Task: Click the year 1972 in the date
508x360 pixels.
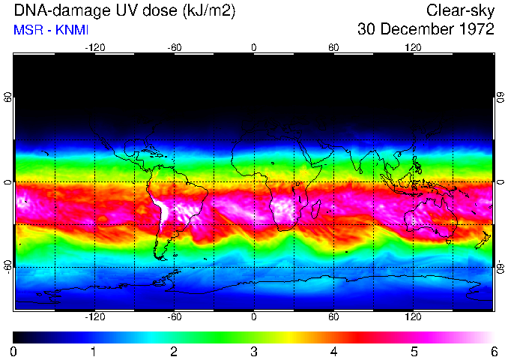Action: pyautogui.click(x=475, y=30)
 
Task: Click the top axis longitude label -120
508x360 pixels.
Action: pyautogui.click(x=94, y=47)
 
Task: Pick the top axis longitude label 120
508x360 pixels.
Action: pyautogui.click(x=413, y=47)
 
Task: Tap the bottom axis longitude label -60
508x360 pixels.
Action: pyautogui.click(x=175, y=317)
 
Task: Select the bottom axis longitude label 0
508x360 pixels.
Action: pyautogui.click(x=254, y=317)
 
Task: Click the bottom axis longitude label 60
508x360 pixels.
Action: pyautogui.click(x=333, y=317)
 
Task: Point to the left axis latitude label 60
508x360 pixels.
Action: pyautogui.click(x=8, y=99)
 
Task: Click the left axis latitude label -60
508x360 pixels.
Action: pyautogui.click(x=8, y=266)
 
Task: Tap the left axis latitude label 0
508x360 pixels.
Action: pyautogui.click(x=8, y=182)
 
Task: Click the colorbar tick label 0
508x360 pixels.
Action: pyautogui.click(x=14, y=351)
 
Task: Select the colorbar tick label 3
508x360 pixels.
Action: pyautogui.click(x=253, y=351)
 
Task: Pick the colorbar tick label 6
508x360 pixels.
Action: pyautogui.click(x=492, y=351)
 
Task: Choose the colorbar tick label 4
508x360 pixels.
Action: pyautogui.click(x=333, y=351)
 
